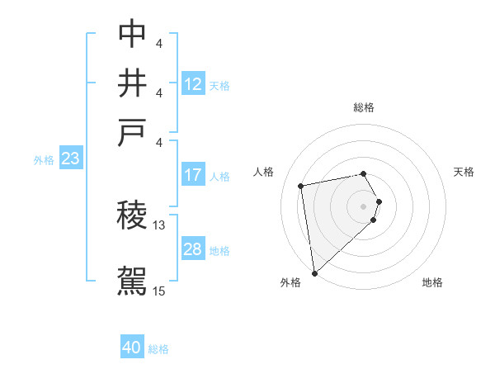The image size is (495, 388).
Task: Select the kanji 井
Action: (132, 83)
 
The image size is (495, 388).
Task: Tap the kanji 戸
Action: (132, 133)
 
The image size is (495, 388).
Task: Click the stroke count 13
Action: (159, 225)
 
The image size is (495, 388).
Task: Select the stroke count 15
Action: (159, 291)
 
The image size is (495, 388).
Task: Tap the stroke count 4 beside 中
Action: (158, 42)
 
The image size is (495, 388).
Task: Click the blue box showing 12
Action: (193, 83)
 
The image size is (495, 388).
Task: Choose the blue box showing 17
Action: (193, 175)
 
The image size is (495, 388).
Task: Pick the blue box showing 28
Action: (193, 249)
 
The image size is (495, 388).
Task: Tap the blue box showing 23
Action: (70, 159)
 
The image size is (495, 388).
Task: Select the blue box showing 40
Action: (132, 348)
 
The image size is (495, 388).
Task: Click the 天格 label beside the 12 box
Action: (219, 85)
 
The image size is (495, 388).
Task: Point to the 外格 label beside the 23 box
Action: (43, 160)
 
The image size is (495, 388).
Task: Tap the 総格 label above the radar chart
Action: (364, 107)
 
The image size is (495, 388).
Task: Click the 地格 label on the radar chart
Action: (432, 282)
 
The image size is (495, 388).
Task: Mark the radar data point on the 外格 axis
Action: (314, 272)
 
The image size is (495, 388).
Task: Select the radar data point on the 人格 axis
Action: (301, 185)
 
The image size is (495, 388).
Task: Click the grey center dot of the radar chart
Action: (364, 205)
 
